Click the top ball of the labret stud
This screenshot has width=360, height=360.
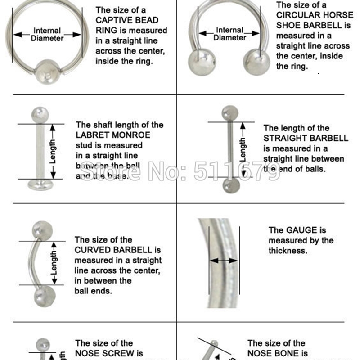[40, 113]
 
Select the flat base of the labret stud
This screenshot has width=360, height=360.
[40, 184]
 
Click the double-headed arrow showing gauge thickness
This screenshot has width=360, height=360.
[224, 260]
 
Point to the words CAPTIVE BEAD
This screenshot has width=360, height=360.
[127, 20]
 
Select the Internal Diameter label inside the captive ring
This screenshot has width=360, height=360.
[47, 35]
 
